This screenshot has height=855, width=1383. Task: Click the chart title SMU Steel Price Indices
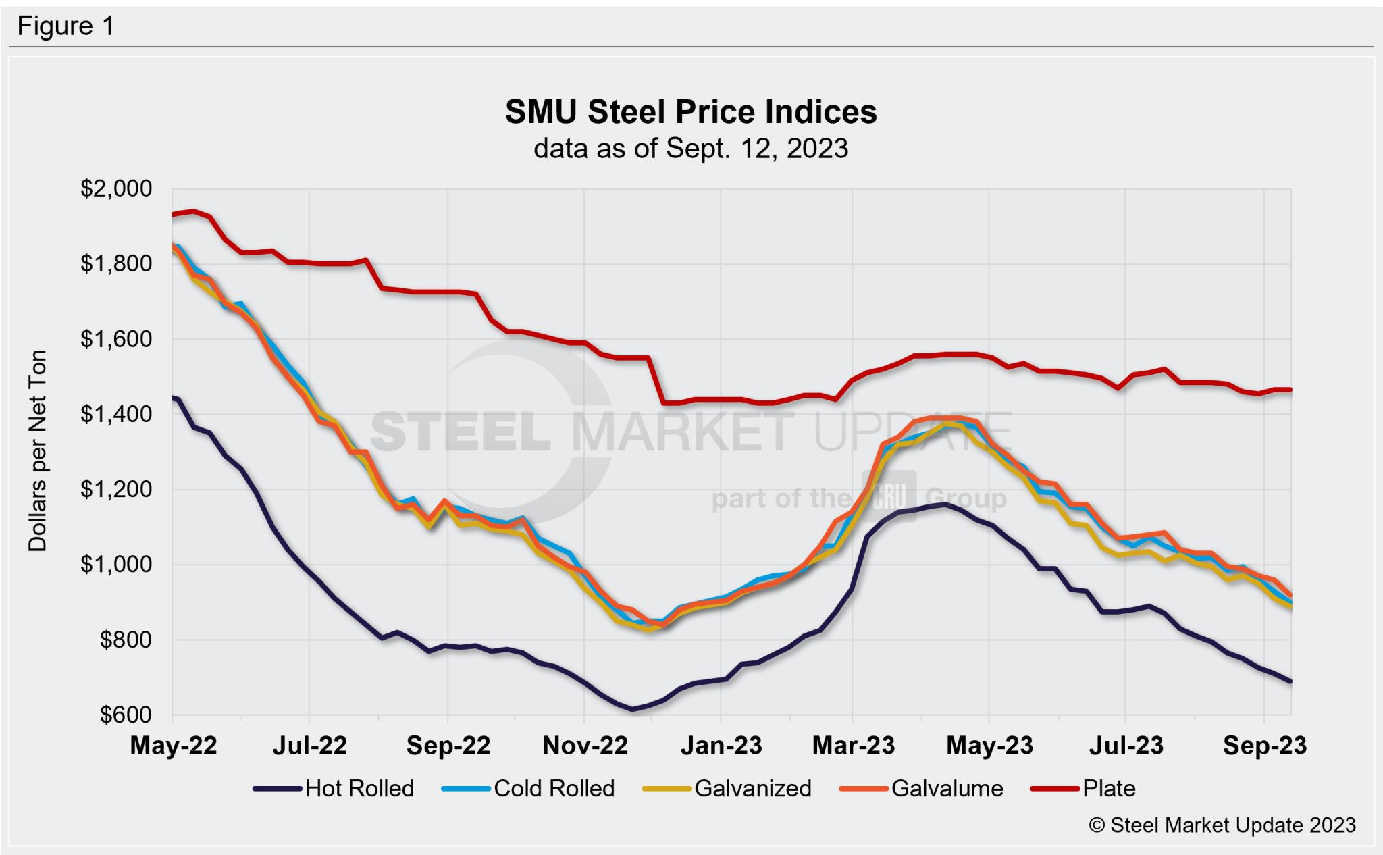click(691, 112)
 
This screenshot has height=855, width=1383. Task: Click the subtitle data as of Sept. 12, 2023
click(691, 149)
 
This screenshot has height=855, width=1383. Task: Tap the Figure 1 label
click(66, 26)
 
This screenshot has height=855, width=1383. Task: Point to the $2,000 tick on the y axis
click(116, 188)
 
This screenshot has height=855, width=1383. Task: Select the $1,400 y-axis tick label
click(116, 414)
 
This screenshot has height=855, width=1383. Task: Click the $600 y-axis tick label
click(126, 715)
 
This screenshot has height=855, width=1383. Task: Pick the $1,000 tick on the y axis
click(116, 565)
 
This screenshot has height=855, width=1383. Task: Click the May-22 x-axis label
click(174, 746)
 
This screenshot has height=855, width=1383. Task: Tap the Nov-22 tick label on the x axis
click(585, 746)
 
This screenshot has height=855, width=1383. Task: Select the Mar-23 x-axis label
click(853, 746)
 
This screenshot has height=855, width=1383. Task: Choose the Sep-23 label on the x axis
click(1264, 746)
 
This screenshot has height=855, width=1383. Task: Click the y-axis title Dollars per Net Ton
click(38, 451)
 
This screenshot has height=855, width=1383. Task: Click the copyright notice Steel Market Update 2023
click(1222, 825)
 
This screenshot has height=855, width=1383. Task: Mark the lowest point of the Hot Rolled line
click(632, 709)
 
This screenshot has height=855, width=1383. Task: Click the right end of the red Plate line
click(1290, 390)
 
